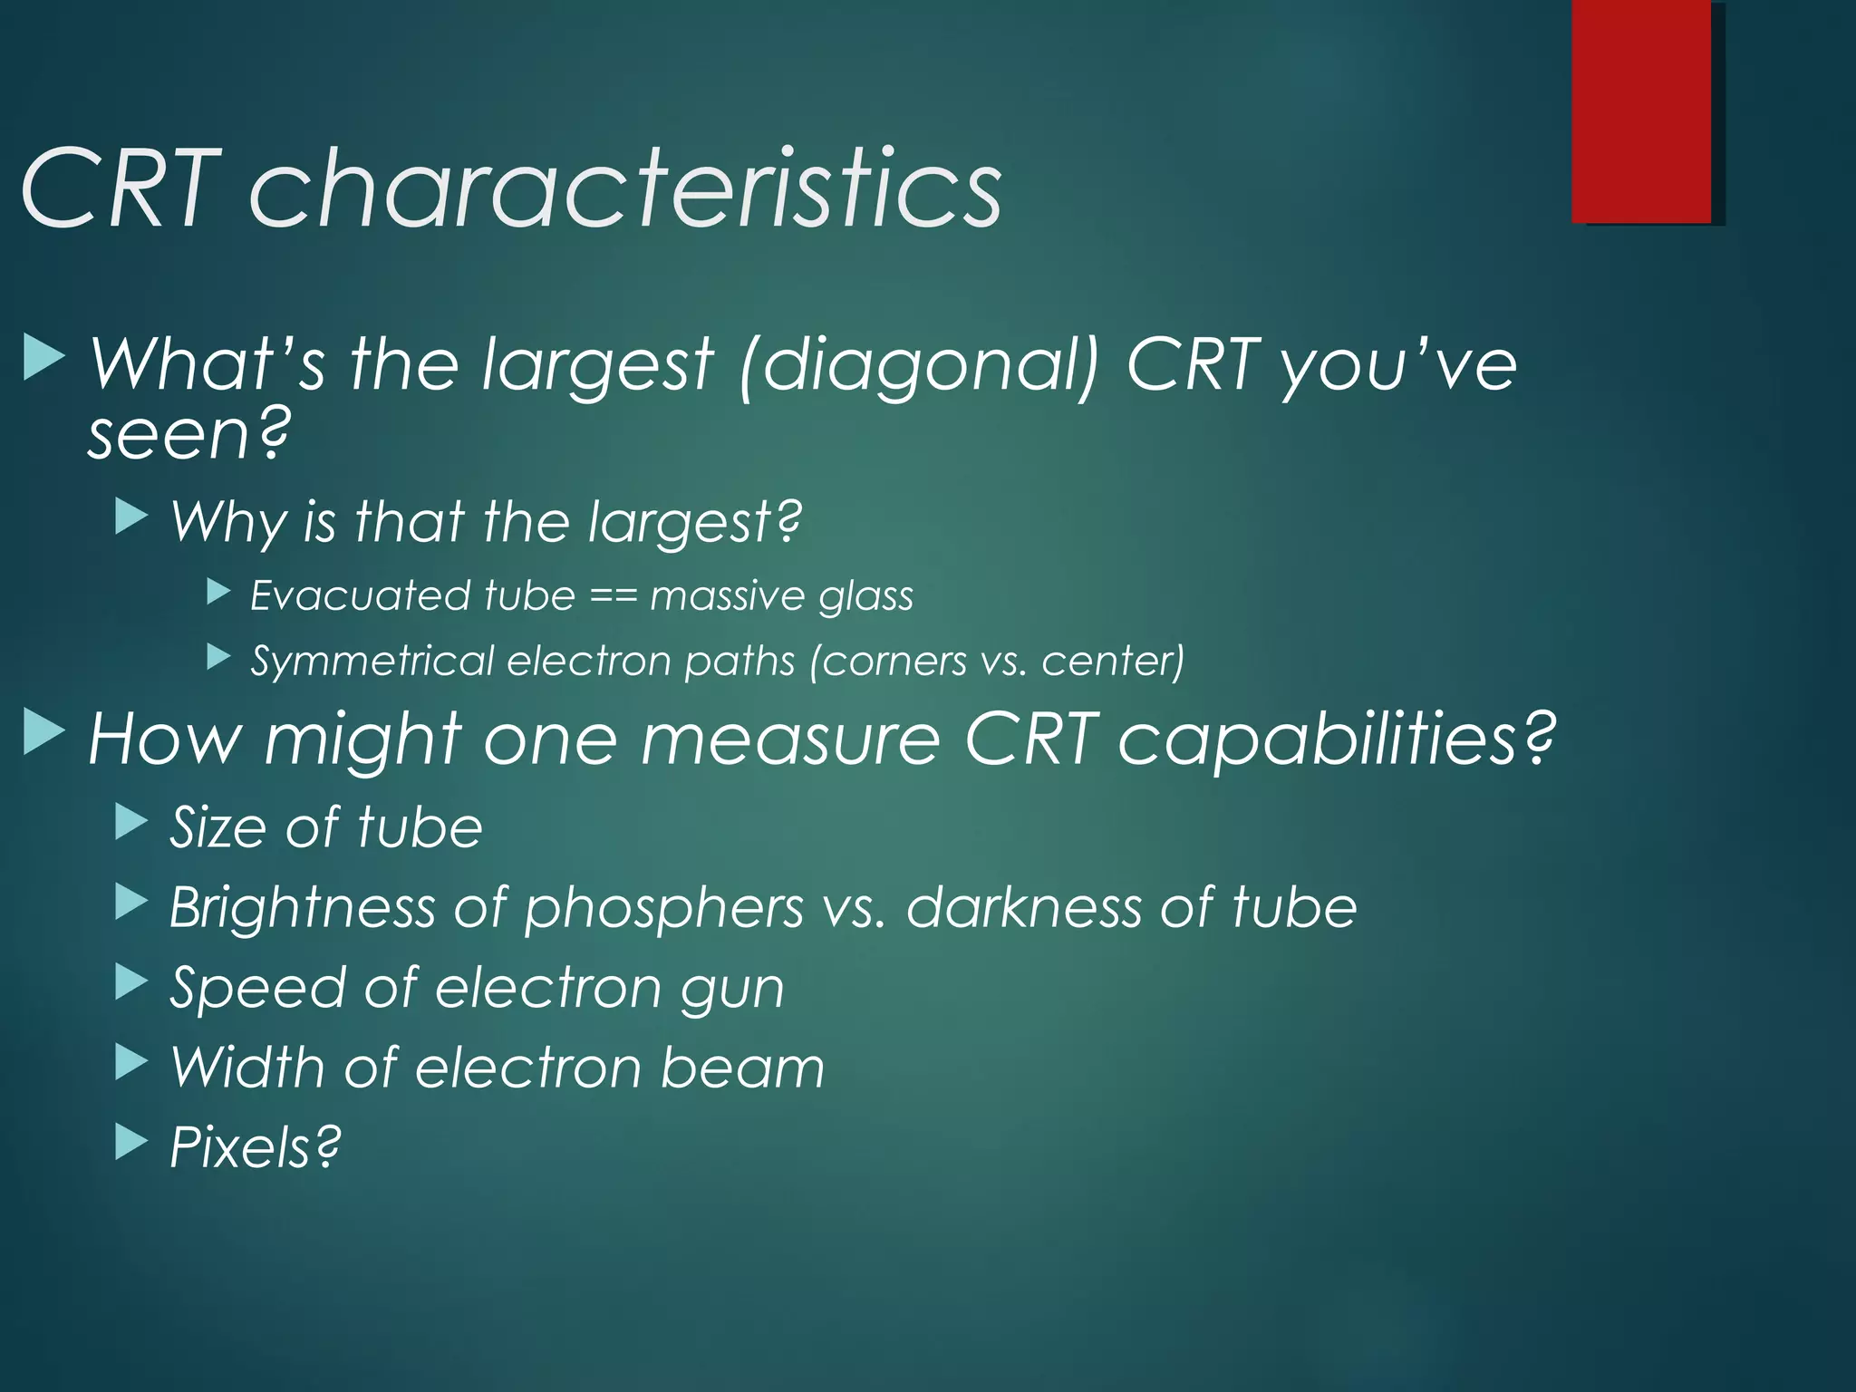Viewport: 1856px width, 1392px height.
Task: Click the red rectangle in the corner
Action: coord(1641,111)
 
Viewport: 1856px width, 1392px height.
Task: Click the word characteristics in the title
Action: coord(625,188)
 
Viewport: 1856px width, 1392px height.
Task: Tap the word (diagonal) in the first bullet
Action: coord(919,365)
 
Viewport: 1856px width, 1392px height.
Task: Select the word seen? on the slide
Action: coord(189,435)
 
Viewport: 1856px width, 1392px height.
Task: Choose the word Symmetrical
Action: coord(372,661)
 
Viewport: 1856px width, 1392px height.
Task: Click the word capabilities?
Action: coord(1335,739)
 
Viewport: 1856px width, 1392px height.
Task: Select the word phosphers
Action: coord(663,907)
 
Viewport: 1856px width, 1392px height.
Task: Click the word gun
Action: coord(732,989)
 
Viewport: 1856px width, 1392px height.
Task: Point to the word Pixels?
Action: coord(256,1147)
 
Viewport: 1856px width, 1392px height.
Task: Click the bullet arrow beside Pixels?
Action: coord(131,1143)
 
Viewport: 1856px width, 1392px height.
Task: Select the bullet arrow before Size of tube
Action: coord(131,823)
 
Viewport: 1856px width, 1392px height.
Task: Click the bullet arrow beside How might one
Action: coord(43,732)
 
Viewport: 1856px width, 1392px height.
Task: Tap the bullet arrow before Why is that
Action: coord(131,517)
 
